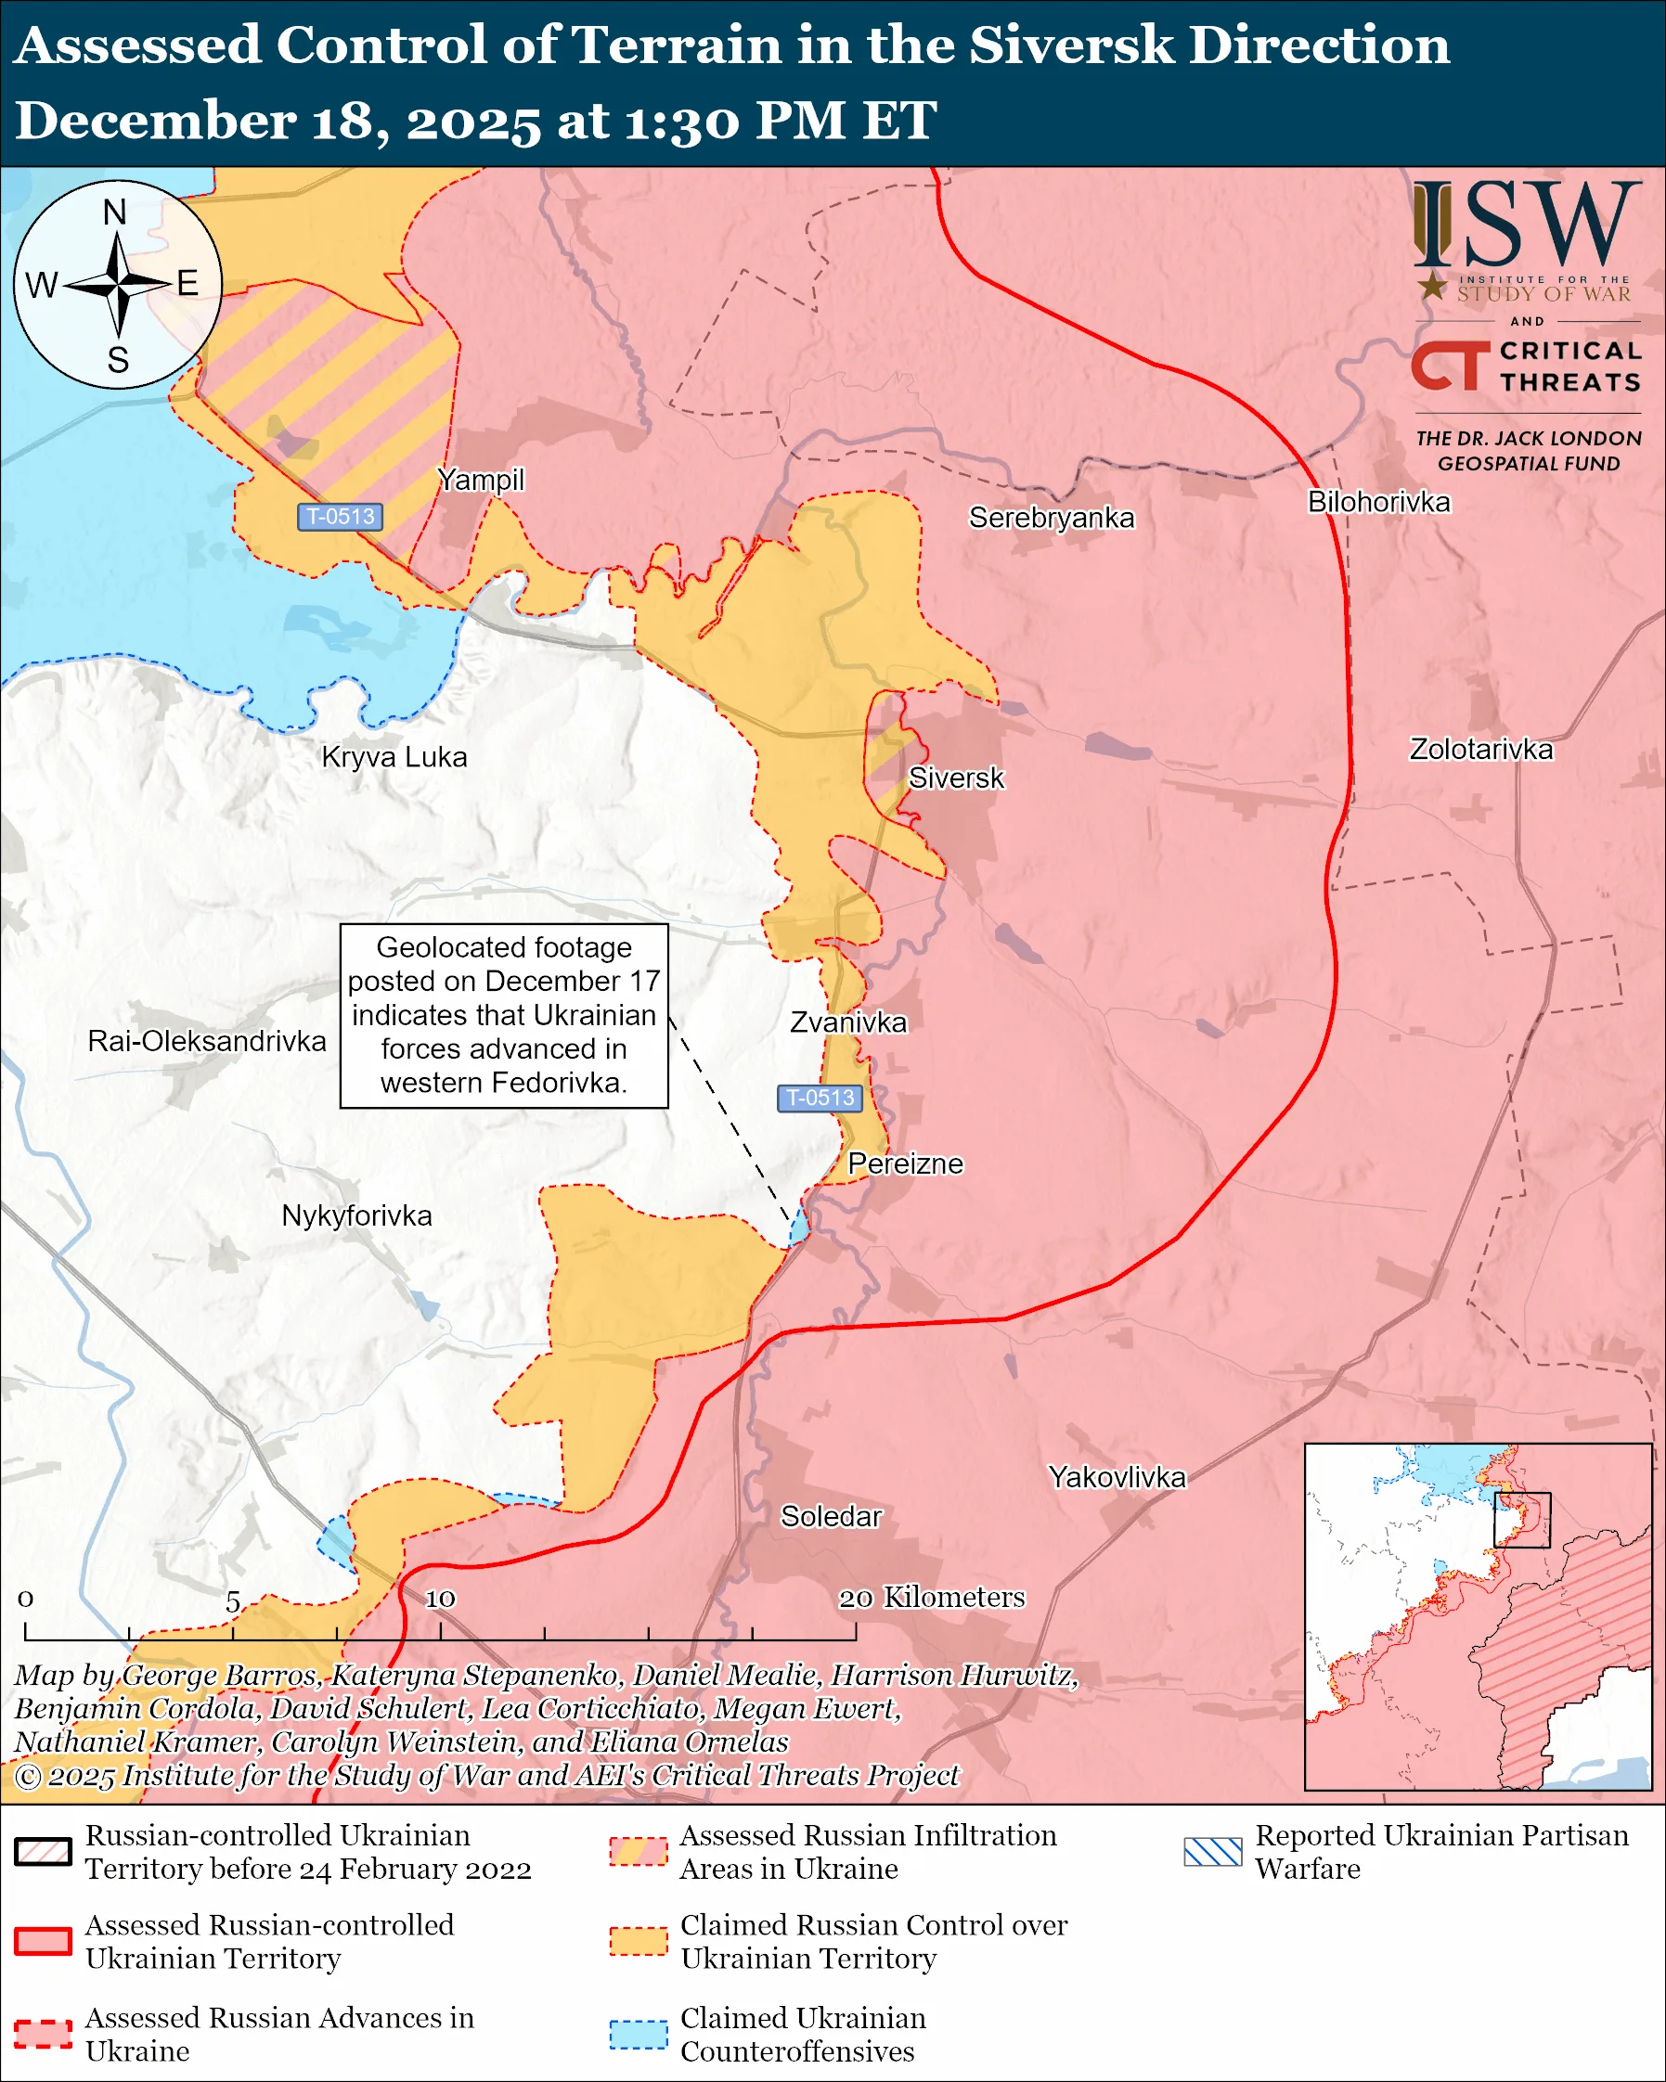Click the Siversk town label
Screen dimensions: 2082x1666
click(x=955, y=778)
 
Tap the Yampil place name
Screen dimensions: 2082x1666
click(x=480, y=479)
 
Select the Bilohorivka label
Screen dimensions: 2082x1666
click(x=1378, y=502)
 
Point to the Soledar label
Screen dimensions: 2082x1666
click(x=831, y=1516)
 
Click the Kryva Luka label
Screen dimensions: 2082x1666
click(x=394, y=757)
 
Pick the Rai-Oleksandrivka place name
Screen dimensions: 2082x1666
click(x=207, y=1041)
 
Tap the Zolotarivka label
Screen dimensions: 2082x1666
click(x=1480, y=750)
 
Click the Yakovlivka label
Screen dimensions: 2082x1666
click(x=1117, y=1476)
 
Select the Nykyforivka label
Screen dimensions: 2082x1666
click(x=356, y=1214)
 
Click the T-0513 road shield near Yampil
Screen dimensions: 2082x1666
click(x=340, y=517)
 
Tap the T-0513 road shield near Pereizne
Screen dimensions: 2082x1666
click(x=819, y=1098)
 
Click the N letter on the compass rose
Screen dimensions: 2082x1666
click(x=115, y=212)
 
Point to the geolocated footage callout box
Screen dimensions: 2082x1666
click(x=503, y=1015)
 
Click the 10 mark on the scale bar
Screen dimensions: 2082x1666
click(x=441, y=1599)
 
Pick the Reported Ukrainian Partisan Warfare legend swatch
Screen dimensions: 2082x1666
click(x=1212, y=1851)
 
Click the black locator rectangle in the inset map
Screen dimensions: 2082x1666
click(x=1522, y=1519)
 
